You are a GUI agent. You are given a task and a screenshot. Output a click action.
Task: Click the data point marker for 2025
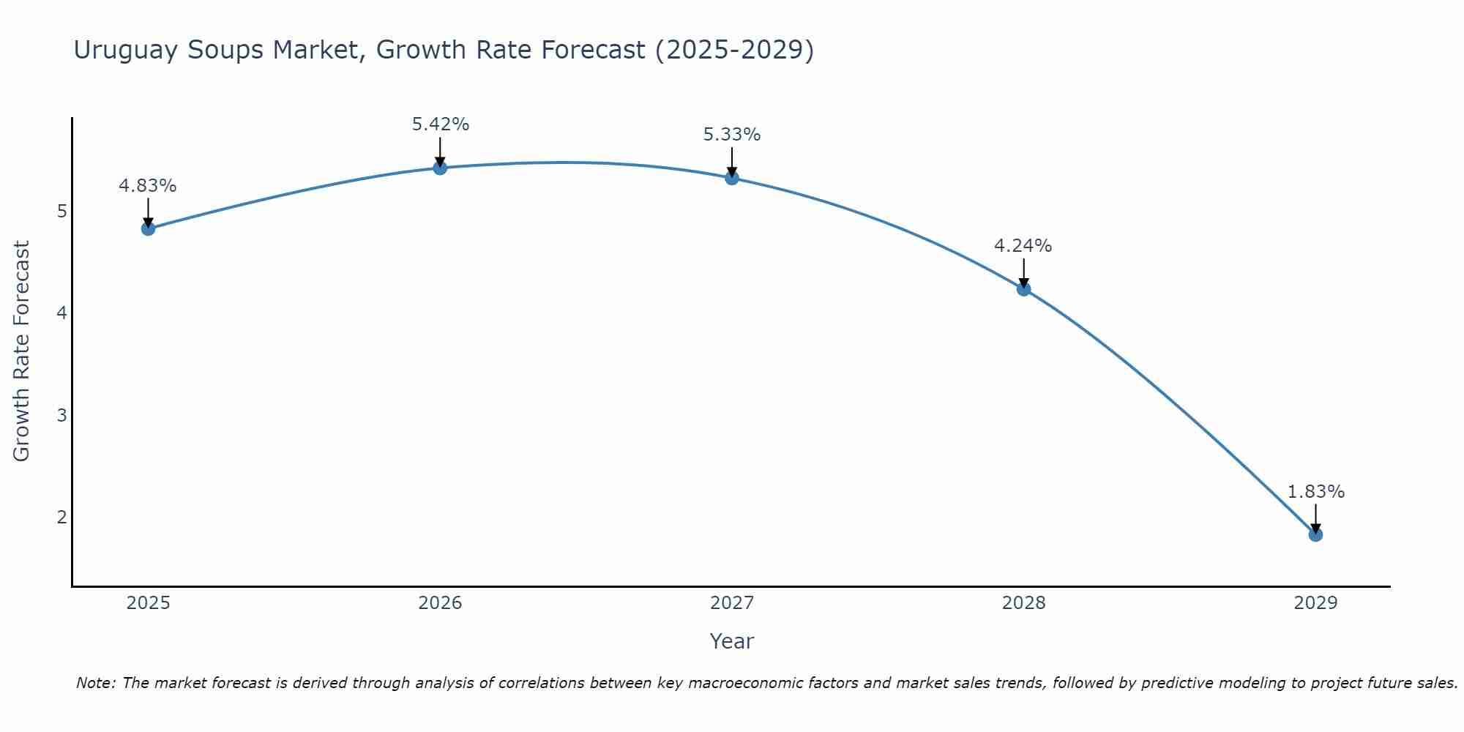point(148,228)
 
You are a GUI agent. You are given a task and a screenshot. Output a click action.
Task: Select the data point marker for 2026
point(440,168)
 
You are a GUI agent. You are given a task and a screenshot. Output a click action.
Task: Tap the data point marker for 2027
point(732,177)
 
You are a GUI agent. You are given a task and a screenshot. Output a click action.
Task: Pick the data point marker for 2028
point(1023,289)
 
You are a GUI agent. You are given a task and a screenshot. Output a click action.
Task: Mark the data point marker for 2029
point(1315,534)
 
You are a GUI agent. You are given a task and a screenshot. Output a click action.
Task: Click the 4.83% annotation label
point(148,186)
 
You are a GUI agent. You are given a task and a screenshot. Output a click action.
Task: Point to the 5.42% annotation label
point(440,124)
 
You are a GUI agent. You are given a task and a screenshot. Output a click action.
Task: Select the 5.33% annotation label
point(732,135)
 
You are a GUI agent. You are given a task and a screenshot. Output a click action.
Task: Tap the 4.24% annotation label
point(1023,246)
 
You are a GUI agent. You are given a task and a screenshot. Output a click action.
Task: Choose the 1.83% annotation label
point(1315,492)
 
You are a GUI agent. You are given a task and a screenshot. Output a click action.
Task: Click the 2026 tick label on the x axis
point(440,603)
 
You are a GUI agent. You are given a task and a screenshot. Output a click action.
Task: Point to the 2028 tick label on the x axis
point(1023,603)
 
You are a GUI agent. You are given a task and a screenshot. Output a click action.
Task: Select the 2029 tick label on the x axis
point(1315,603)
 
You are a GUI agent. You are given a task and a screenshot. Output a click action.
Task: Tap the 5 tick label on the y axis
point(61,212)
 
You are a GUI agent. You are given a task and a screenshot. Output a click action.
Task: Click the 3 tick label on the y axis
point(61,416)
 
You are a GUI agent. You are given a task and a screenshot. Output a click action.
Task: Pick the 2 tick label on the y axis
point(61,518)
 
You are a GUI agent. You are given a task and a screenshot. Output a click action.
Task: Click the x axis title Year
point(731,641)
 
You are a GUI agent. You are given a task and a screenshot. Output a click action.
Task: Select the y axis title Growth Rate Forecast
point(22,351)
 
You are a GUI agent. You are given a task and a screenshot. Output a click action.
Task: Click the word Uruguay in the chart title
point(126,51)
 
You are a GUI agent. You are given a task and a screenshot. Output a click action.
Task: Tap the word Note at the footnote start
point(95,683)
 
